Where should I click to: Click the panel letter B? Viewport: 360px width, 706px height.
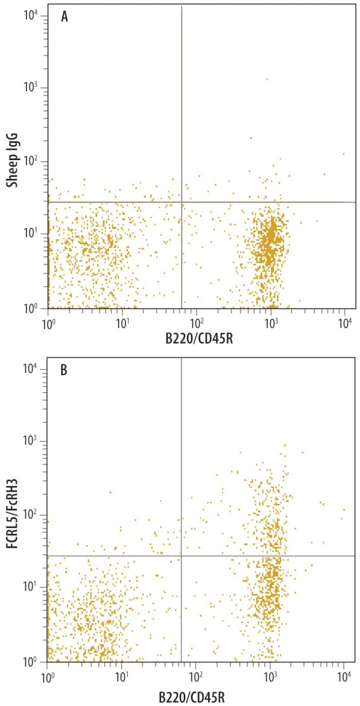[x=64, y=370]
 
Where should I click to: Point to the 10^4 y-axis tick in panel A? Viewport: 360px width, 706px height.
[x=31, y=15]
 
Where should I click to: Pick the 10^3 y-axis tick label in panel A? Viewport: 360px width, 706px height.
[x=31, y=88]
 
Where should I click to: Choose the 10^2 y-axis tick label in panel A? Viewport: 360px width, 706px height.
[x=31, y=161]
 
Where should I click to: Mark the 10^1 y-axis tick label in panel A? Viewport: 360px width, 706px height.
[x=31, y=234]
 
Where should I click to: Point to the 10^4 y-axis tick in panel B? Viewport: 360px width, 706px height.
[x=31, y=368]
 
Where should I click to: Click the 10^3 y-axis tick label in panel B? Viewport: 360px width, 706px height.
[x=31, y=441]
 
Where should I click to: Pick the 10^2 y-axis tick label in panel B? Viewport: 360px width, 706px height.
[x=31, y=514]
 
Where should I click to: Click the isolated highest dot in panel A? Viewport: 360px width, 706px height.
[x=267, y=79]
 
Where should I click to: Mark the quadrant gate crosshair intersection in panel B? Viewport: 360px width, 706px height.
[x=182, y=555]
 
